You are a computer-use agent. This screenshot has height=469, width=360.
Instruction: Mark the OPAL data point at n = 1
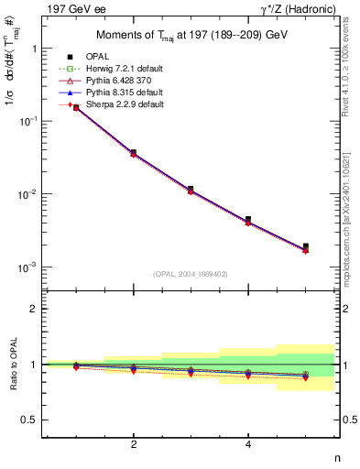(76, 107)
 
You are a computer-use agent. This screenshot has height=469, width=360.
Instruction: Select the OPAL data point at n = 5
(306, 246)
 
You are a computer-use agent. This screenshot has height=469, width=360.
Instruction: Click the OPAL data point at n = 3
(191, 190)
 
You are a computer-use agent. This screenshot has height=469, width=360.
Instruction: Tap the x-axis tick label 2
(134, 444)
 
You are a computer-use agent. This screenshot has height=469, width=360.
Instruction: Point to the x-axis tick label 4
(248, 444)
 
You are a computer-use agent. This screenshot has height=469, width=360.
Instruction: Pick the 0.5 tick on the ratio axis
(29, 420)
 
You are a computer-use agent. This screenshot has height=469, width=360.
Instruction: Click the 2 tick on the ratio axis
(34, 309)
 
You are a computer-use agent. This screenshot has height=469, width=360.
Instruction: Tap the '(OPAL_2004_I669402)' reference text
(191, 273)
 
